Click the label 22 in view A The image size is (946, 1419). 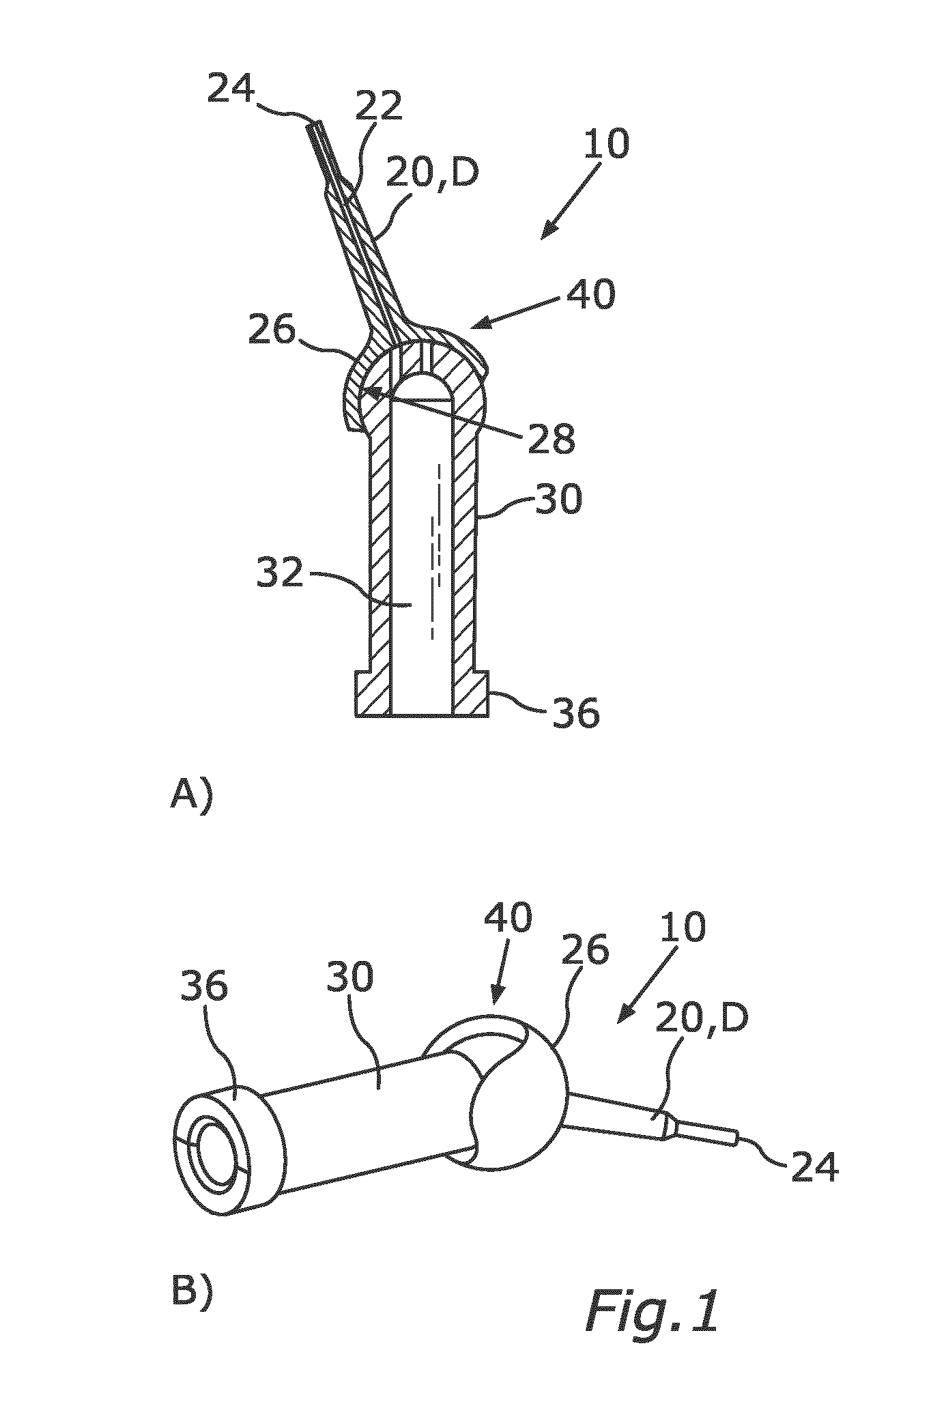tap(378, 108)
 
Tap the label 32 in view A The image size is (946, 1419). tap(279, 573)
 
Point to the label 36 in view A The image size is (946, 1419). tap(576, 713)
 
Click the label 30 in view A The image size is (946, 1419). tap(559, 499)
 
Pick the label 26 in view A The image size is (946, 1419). tap(272, 332)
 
